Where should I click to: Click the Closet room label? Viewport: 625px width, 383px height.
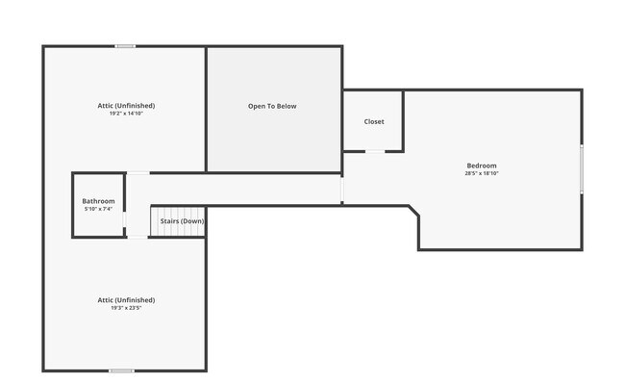click(374, 122)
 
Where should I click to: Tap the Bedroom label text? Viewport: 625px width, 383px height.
click(482, 166)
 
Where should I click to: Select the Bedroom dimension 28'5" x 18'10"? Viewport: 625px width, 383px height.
click(482, 173)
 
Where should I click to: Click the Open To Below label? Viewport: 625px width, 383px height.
click(272, 107)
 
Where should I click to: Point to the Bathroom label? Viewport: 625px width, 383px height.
click(98, 201)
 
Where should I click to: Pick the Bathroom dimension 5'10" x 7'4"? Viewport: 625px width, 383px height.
click(98, 209)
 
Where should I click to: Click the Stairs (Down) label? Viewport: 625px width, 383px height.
click(182, 221)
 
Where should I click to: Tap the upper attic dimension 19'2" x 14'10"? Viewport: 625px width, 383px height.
click(125, 114)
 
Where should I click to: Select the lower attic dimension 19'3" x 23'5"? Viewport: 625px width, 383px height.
click(125, 308)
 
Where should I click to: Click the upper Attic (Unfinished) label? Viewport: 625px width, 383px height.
click(125, 106)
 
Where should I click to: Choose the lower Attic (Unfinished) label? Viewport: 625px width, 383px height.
click(125, 300)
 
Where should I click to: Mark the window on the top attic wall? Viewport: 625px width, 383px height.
click(125, 46)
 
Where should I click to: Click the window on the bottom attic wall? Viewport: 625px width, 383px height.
click(121, 370)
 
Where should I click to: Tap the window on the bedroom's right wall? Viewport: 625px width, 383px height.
click(581, 168)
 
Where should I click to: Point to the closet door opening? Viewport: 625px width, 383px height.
click(375, 151)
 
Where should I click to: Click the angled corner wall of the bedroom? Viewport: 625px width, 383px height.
click(413, 212)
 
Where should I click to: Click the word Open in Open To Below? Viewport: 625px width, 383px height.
click(257, 107)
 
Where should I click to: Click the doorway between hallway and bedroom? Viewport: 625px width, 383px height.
click(342, 190)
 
